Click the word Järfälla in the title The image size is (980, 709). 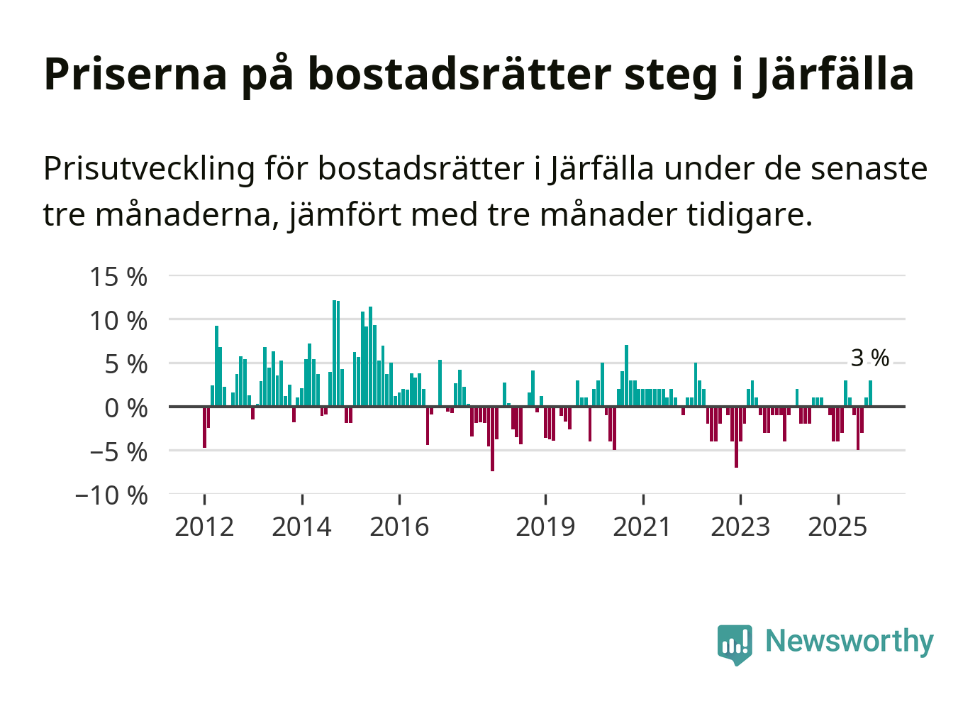[833, 74]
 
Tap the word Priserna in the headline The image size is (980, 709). [135, 74]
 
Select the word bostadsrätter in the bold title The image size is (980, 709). [460, 74]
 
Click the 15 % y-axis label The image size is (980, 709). [118, 277]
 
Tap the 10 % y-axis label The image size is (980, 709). [118, 321]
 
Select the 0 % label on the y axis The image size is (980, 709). [126, 408]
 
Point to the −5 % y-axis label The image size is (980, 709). [118, 452]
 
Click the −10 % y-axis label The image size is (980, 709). [111, 495]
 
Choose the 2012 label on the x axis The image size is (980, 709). [204, 527]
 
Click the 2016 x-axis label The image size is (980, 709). [399, 527]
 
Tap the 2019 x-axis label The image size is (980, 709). [545, 527]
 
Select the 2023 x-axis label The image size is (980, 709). [740, 527]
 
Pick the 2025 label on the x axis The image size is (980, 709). [837, 527]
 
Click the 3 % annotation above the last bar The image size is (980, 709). [869, 358]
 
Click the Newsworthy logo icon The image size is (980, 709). [734, 644]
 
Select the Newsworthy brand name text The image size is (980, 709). [849, 641]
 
